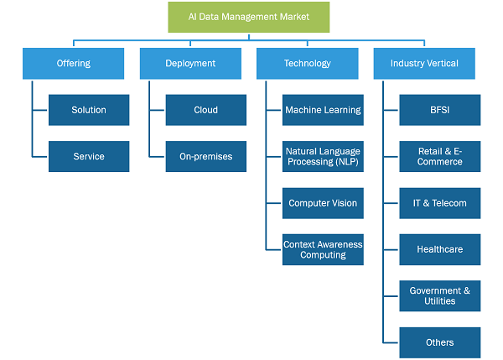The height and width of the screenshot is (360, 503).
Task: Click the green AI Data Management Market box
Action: [249, 17]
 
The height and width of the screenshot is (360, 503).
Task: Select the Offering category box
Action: [73, 63]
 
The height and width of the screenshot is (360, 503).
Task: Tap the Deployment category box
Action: [190, 63]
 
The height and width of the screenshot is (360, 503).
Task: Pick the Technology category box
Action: [308, 63]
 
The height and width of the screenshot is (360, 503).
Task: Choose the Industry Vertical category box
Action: [424, 63]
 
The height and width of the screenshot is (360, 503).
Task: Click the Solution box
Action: [89, 110]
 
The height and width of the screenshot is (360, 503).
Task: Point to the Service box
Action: [89, 156]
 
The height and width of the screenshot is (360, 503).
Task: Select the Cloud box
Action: [206, 110]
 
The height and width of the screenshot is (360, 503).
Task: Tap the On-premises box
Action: [206, 156]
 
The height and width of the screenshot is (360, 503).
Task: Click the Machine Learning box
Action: [323, 110]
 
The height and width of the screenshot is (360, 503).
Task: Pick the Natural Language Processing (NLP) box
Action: [323, 156]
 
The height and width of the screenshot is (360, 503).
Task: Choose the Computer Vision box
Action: [323, 203]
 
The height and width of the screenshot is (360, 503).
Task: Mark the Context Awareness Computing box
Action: [323, 249]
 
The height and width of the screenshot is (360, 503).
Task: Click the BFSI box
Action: [440, 110]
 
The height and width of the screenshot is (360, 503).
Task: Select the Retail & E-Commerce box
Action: [440, 156]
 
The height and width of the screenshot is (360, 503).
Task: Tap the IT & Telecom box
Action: [440, 203]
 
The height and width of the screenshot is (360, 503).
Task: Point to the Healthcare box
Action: [440, 249]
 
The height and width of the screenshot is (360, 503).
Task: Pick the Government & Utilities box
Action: [440, 295]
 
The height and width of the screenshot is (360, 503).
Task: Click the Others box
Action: [440, 342]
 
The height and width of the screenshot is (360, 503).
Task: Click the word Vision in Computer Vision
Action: [345, 203]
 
